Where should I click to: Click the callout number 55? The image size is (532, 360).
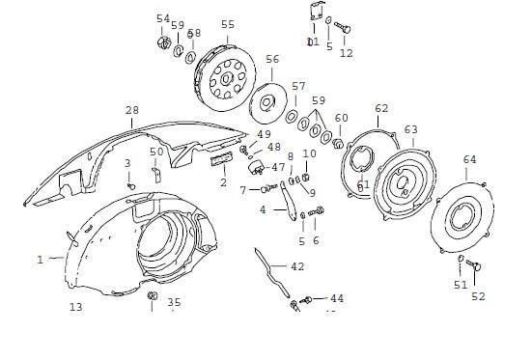pyautogui.click(x=227, y=25)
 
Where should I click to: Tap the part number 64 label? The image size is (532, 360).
pyautogui.click(x=469, y=159)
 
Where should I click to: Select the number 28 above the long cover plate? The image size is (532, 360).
pyautogui.click(x=132, y=111)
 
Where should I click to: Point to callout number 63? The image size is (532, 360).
pyautogui.click(x=410, y=128)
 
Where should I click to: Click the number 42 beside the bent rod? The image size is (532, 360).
pyautogui.click(x=297, y=265)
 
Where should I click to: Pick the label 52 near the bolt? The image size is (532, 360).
pyautogui.click(x=478, y=296)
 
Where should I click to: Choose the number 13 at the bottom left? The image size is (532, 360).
pyautogui.click(x=75, y=307)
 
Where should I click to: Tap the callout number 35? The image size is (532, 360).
pyautogui.click(x=174, y=302)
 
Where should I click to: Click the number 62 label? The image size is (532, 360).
pyautogui.click(x=381, y=108)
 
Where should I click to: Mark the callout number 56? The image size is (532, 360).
pyautogui.click(x=272, y=59)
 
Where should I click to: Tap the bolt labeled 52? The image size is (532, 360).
pyautogui.click(x=474, y=266)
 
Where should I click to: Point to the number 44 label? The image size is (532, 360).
pyautogui.click(x=336, y=298)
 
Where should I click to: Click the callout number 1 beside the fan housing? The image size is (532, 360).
pyautogui.click(x=41, y=259)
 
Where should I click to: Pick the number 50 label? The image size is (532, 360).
pyautogui.click(x=156, y=151)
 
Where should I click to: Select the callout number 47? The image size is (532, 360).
pyautogui.click(x=278, y=167)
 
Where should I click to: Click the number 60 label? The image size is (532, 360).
pyautogui.click(x=341, y=118)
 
